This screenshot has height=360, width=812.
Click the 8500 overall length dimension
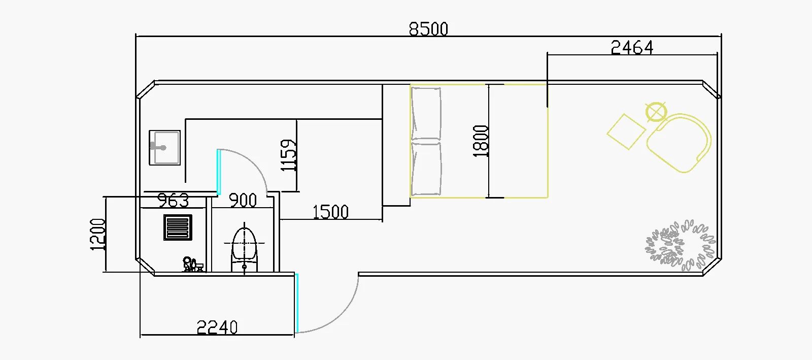point(428,29)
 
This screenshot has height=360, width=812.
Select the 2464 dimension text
point(631,47)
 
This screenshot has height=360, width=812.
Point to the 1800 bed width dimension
point(481,141)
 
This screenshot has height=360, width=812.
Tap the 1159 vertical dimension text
point(288,156)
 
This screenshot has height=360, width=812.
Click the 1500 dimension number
point(330,212)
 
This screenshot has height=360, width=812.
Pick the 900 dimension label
point(243,200)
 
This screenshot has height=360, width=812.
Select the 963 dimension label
point(173,200)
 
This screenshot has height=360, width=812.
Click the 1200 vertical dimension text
point(97,234)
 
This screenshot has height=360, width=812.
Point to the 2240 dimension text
point(217,328)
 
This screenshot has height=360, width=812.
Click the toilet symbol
point(245,249)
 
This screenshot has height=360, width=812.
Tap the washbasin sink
point(164,148)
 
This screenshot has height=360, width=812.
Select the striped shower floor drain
point(178,227)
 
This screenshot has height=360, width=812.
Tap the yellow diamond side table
point(626,132)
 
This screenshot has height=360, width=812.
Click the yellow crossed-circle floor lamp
point(655,112)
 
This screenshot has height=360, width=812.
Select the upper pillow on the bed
point(426,114)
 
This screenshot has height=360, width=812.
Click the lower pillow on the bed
point(426,169)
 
